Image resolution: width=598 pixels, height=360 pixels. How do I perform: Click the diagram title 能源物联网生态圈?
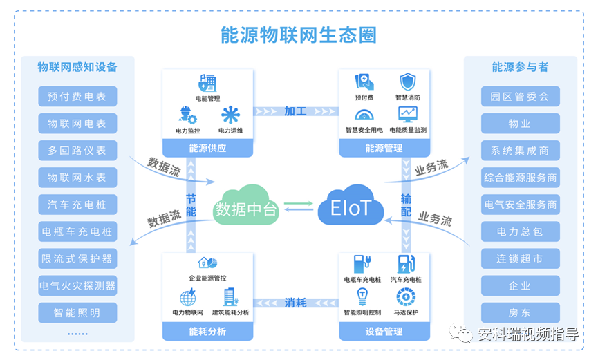(x=298, y=35)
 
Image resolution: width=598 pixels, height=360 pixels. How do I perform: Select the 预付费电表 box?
(x=77, y=97)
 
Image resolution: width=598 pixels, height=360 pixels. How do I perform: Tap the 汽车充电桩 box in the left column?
(x=77, y=205)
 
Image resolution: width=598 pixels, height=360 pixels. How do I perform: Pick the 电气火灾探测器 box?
(x=77, y=285)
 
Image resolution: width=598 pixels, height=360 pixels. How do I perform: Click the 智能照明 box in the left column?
(x=77, y=312)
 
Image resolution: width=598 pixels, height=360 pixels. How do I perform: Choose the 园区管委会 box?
(x=520, y=97)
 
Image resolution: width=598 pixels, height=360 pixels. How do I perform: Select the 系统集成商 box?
(x=520, y=151)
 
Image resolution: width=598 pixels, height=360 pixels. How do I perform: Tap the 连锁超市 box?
(x=520, y=258)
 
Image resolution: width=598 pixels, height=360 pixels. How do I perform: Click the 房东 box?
(x=520, y=312)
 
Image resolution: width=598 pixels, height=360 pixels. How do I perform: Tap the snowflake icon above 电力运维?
(x=230, y=115)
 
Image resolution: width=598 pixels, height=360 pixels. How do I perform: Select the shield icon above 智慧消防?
(x=408, y=83)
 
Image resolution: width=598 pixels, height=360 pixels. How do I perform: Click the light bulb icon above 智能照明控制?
(x=362, y=297)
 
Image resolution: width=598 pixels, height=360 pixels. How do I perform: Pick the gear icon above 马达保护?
(x=406, y=297)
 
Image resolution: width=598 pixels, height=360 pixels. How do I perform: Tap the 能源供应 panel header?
(x=207, y=148)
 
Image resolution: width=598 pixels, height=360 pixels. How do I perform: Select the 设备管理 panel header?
(x=384, y=332)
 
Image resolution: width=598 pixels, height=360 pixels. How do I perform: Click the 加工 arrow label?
(x=296, y=111)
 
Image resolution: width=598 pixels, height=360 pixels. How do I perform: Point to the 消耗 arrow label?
(x=296, y=302)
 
